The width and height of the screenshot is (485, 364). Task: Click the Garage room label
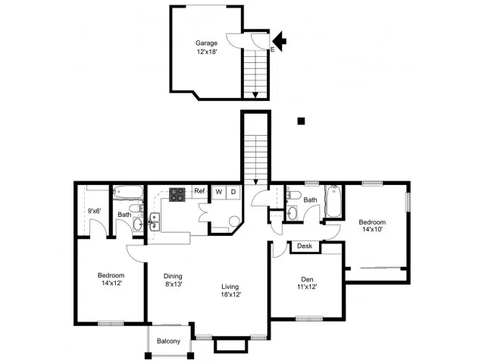click(206, 43)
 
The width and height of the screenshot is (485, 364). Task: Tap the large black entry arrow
click(280, 41)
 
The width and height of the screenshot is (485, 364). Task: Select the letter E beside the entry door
click(273, 49)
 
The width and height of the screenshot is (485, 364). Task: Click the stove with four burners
click(177, 195)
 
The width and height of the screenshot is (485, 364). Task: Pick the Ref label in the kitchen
click(199, 191)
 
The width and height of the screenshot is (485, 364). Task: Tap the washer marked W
click(219, 192)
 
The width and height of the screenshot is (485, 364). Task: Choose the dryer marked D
click(233, 192)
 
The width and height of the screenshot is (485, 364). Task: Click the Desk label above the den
click(305, 246)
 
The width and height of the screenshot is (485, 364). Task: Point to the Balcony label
click(168, 341)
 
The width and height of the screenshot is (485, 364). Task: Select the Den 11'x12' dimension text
click(307, 287)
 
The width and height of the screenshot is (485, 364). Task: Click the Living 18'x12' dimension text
click(231, 294)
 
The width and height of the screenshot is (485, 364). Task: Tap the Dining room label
click(173, 276)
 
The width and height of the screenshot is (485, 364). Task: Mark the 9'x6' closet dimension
click(94, 211)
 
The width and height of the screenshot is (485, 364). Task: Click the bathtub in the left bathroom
click(128, 192)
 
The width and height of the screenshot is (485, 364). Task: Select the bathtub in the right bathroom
click(333, 201)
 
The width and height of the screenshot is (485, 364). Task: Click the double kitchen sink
click(155, 222)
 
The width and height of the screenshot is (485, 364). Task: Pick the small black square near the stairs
click(301, 121)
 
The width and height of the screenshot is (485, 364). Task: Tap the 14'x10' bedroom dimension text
click(373, 229)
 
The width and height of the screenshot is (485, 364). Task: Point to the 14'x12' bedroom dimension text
click(111, 283)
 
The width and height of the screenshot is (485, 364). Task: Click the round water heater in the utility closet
click(234, 221)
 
